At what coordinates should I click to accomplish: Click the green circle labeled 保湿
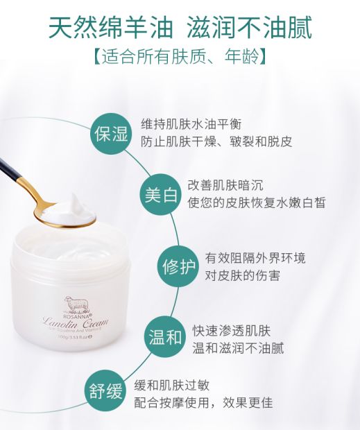[x=111, y=133]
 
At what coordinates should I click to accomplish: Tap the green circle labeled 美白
[x=160, y=194]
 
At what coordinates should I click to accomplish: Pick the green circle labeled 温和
[x=165, y=338]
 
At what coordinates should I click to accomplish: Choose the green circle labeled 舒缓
[x=105, y=393]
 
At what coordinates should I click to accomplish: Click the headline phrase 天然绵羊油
[x=107, y=28]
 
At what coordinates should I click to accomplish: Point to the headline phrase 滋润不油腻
[x=250, y=28]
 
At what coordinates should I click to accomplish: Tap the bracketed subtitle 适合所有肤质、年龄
[x=179, y=56]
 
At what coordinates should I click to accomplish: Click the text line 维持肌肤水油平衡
[x=191, y=123]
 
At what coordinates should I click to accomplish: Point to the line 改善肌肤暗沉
[x=225, y=185]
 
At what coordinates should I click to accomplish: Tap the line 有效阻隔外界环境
[x=255, y=258]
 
